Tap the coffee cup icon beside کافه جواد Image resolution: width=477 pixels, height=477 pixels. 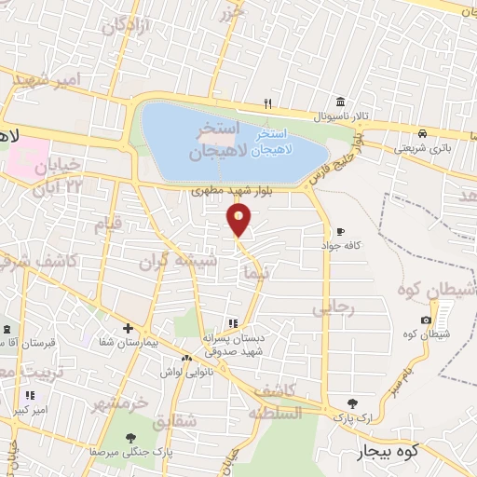(341, 231)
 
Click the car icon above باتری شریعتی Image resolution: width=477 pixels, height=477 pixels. (424, 132)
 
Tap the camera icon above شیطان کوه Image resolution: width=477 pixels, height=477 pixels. (426, 320)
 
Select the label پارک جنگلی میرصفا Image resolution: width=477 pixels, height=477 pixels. (129, 451)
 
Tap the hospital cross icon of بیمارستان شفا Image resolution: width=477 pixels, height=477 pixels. (128, 328)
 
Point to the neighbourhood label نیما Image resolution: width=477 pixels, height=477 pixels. (253, 274)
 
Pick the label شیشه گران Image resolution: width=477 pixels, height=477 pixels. (178, 262)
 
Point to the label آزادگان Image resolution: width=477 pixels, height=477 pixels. (126, 34)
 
